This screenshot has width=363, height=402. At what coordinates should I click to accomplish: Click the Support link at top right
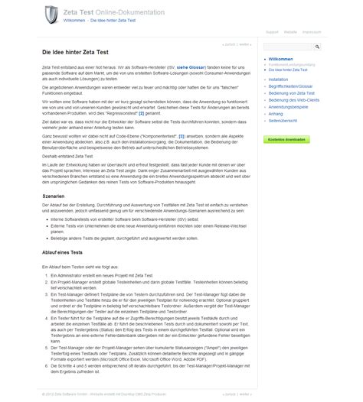[272, 33]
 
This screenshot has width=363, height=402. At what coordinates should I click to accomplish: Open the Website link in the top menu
[291, 33]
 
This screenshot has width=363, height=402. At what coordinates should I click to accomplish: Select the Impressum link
[312, 33]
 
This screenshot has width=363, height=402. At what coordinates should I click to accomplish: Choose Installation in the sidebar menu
[279, 79]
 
